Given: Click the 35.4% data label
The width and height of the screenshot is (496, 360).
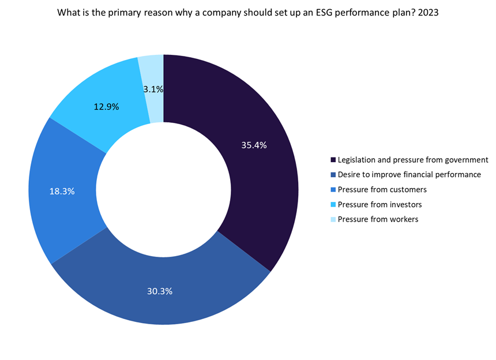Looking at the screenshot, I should (x=254, y=145).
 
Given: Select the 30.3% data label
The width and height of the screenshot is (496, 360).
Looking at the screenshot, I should (x=160, y=291).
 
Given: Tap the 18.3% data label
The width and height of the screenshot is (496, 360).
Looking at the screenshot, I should (x=62, y=192).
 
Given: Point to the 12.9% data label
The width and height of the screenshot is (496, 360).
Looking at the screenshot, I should (x=106, y=107).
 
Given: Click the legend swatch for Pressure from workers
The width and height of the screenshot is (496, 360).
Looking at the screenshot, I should (x=333, y=220).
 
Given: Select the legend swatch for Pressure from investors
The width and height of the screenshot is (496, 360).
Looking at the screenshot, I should (x=333, y=205).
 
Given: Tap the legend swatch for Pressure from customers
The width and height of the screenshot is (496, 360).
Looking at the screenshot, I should (x=333, y=190).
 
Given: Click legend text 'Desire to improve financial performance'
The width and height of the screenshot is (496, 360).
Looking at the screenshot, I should (x=409, y=174).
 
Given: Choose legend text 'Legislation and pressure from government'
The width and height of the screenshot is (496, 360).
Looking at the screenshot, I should (x=413, y=160).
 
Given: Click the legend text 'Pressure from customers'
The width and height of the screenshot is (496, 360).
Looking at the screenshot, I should (x=382, y=189).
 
